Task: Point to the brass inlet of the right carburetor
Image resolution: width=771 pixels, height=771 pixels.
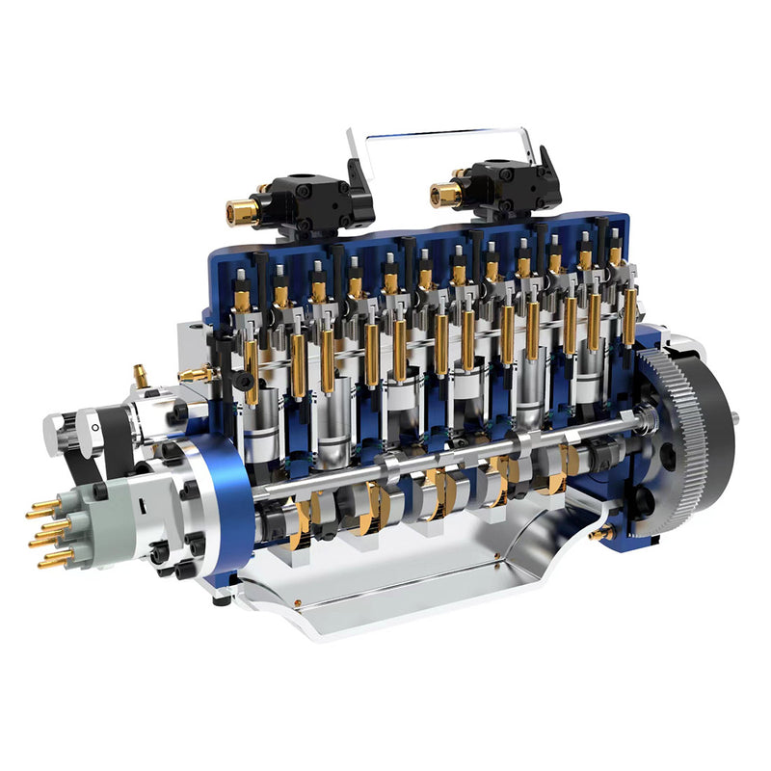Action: pyautogui.click(x=445, y=195)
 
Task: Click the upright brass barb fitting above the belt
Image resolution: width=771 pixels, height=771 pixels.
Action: pyautogui.click(x=142, y=373)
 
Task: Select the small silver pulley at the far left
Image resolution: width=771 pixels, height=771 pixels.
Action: pyautogui.click(x=58, y=434)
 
